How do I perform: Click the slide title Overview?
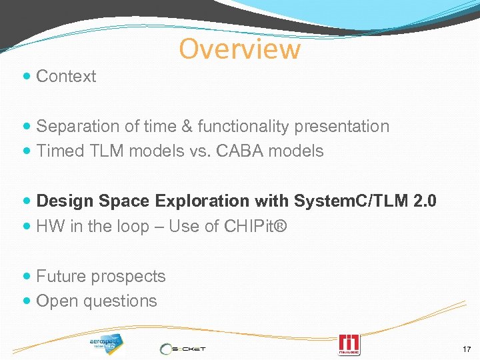point(240,49)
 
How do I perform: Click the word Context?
point(66,77)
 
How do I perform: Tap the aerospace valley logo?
point(106,343)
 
